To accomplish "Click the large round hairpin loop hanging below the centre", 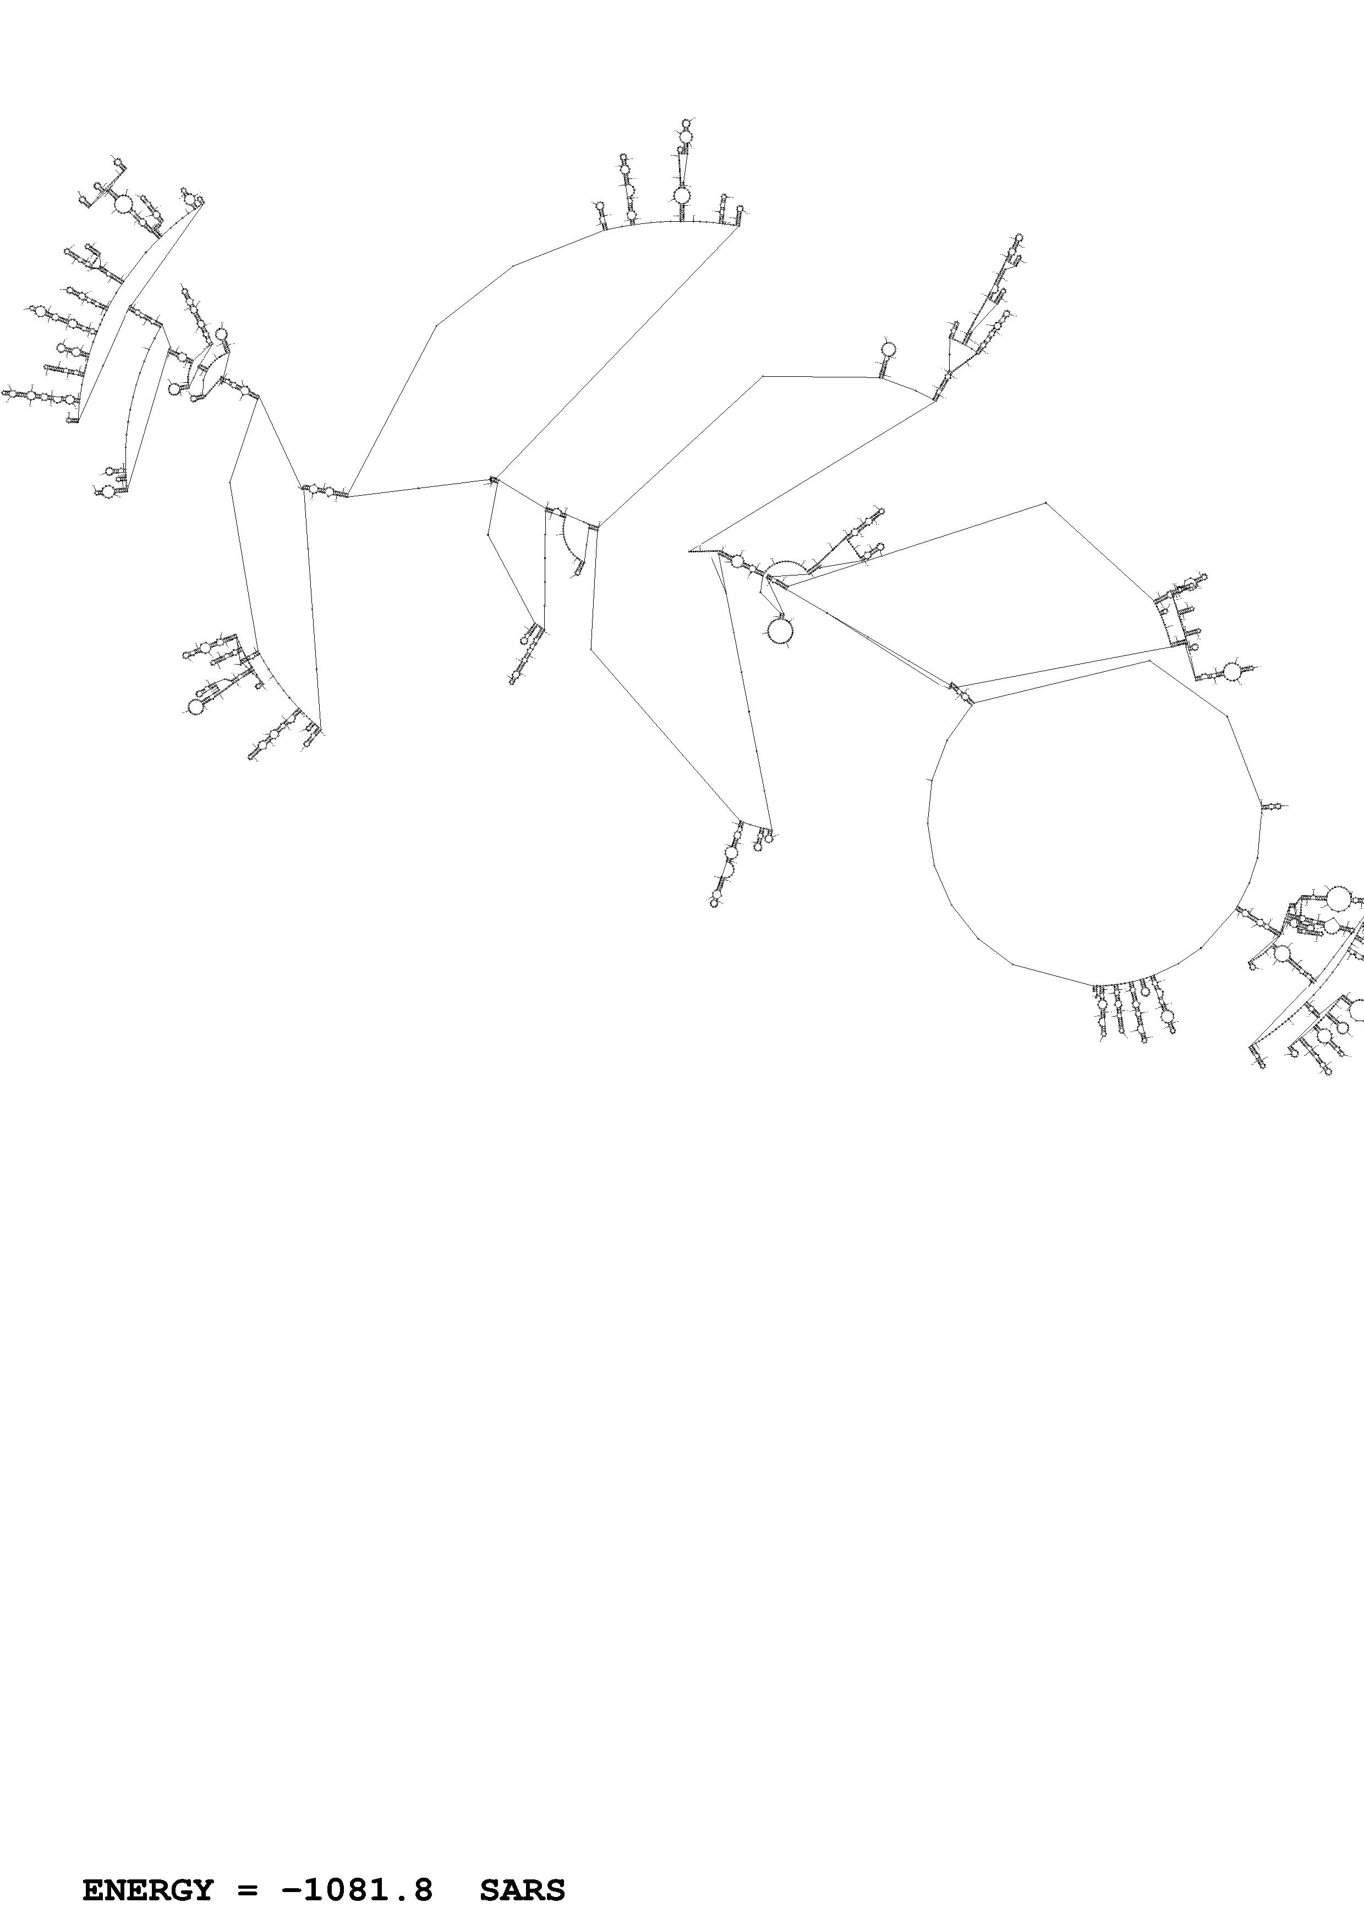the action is tap(781, 629).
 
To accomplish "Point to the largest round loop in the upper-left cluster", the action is tap(123, 204).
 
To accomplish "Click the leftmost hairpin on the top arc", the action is tap(601, 215).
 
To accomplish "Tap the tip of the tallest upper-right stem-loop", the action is tap(1018, 238).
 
